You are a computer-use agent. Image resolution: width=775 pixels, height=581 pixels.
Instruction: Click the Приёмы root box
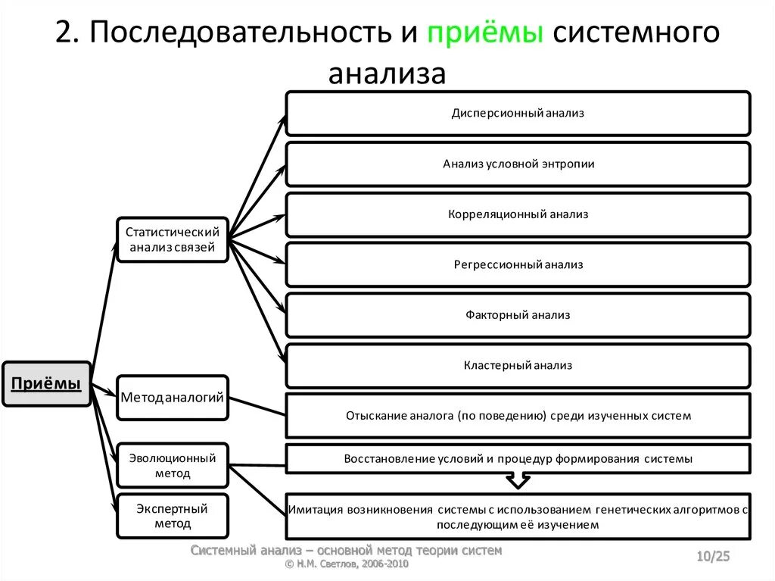click(46, 385)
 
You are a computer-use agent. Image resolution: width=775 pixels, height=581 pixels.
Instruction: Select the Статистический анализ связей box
click(172, 239)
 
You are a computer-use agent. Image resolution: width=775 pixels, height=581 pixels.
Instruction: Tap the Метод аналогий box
click(172, 397)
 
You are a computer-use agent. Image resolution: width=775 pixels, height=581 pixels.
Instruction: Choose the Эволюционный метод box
click(172, 465)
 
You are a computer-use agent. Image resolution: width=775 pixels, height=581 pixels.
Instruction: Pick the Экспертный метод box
click(172, 516)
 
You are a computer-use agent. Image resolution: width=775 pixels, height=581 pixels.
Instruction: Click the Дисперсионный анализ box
click(518, 114)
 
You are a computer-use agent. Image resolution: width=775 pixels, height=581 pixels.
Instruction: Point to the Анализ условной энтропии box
click(518, 164)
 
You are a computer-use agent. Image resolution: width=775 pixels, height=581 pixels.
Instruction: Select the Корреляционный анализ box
click(518, 214)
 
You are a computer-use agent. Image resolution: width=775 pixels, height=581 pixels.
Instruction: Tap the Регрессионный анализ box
click(518, 264)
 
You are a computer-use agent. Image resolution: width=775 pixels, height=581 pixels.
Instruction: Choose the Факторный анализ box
click(518, 314)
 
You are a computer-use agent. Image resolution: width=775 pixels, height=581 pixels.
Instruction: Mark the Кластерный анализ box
click(518, 365)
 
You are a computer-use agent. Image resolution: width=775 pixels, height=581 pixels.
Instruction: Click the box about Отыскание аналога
click(518, 415)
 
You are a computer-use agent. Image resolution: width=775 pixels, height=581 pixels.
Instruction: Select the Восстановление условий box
click(518, 458)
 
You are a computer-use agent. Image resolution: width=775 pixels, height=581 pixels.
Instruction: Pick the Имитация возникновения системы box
click(518, 517)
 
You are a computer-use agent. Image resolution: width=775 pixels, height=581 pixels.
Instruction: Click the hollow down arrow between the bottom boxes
click(518, 481)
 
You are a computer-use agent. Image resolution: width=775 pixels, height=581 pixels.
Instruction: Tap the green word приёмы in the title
click(484, 34)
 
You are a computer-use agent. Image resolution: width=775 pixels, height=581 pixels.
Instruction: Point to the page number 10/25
click(713, 558)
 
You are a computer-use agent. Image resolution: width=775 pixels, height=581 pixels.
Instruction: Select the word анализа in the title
click(387, 74)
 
